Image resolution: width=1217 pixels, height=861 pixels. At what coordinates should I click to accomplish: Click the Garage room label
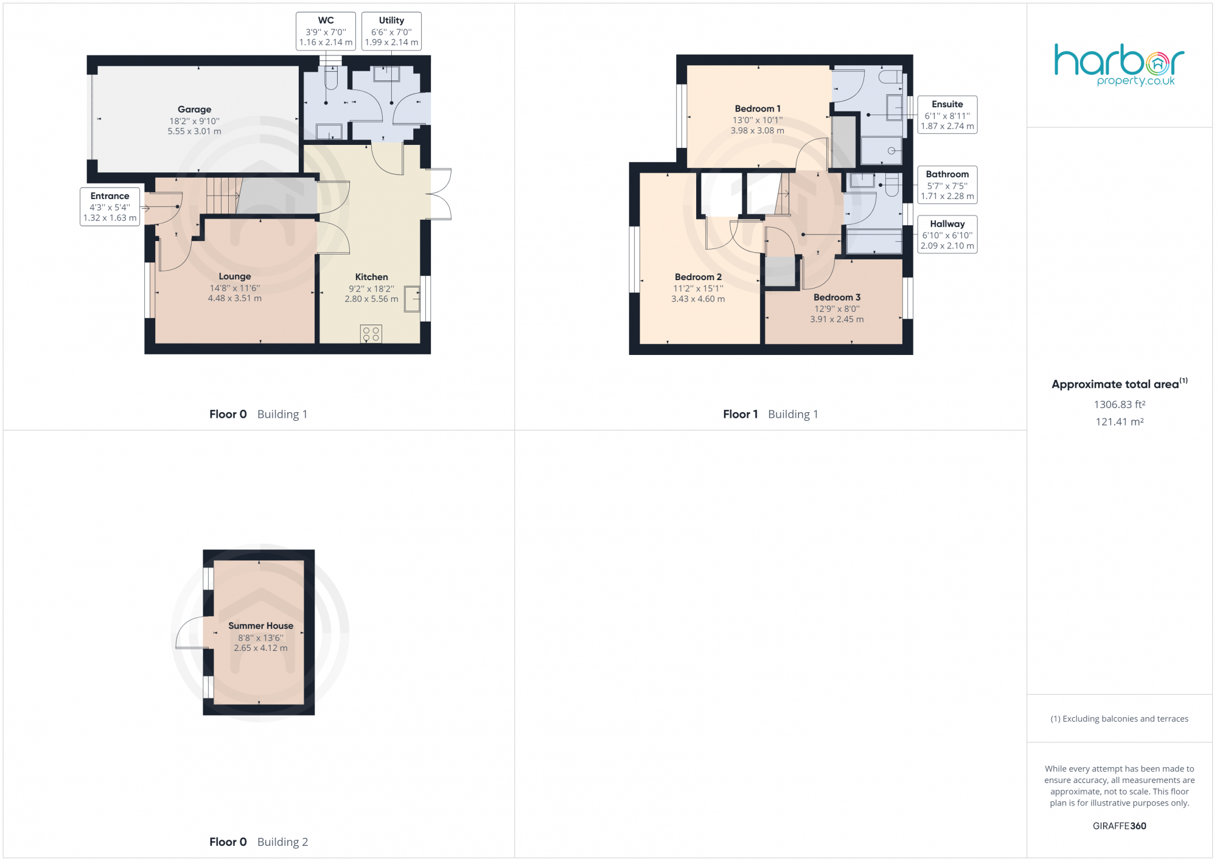click(195, 110)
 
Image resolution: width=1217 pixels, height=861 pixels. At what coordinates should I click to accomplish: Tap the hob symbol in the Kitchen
click(371, 334)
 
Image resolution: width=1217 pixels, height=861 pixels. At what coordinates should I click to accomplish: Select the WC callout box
click(326, 31)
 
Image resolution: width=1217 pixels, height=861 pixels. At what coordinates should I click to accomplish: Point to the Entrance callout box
click(110, 206)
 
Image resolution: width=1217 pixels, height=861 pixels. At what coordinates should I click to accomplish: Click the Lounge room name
click(235, 276)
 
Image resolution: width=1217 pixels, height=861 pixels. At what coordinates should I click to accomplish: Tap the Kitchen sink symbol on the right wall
click(412, 299)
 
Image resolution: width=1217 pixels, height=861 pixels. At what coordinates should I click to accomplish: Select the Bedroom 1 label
click(758, 109)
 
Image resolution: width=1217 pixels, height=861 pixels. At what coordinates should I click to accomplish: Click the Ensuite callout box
click(947, 115)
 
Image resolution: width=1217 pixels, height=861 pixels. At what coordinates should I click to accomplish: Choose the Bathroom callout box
click(947, 185)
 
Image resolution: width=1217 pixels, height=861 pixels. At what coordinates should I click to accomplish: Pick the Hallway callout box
click(947, 234)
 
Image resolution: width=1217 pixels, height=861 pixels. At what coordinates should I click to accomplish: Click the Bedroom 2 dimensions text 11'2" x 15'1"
click(698, 289)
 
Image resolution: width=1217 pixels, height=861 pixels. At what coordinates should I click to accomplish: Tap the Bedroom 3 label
click(837, 297)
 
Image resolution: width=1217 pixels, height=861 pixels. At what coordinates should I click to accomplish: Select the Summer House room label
click(260, 626)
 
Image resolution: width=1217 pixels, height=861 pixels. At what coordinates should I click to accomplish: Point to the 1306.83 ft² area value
click(1119, 404)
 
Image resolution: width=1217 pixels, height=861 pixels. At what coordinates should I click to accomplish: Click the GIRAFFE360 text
click(1119, 826)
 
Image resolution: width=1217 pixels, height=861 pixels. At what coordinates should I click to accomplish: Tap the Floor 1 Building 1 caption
click(770, 414)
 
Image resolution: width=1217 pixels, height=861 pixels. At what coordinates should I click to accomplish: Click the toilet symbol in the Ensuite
click(891, 77)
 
